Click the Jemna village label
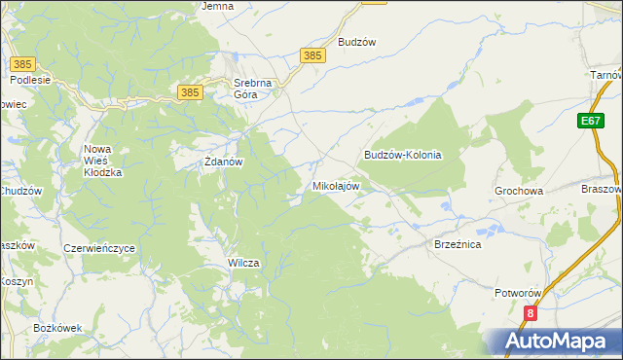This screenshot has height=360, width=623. (217, 6)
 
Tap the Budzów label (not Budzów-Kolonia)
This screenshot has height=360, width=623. (356, 42)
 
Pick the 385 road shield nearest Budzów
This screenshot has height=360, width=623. (312, 56)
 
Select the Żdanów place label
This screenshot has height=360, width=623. (222, 162)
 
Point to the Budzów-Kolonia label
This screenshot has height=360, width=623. (403, 155)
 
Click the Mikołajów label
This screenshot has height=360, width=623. (336, 185)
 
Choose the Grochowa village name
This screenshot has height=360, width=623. (519, 192)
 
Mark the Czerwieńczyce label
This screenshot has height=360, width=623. (98, 248)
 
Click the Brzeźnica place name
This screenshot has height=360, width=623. (458, 245)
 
